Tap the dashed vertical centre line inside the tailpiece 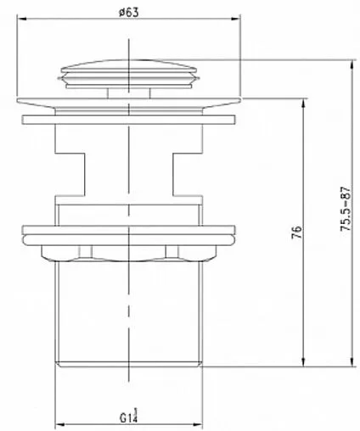(x=130, y=314)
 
